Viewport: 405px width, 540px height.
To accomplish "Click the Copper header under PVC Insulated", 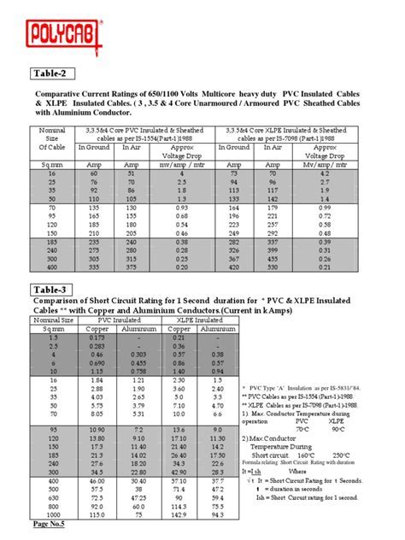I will [107, 328].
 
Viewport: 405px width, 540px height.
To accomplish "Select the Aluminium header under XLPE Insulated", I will [216, 328].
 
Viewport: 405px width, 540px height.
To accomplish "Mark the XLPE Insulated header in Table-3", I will [196, 319].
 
